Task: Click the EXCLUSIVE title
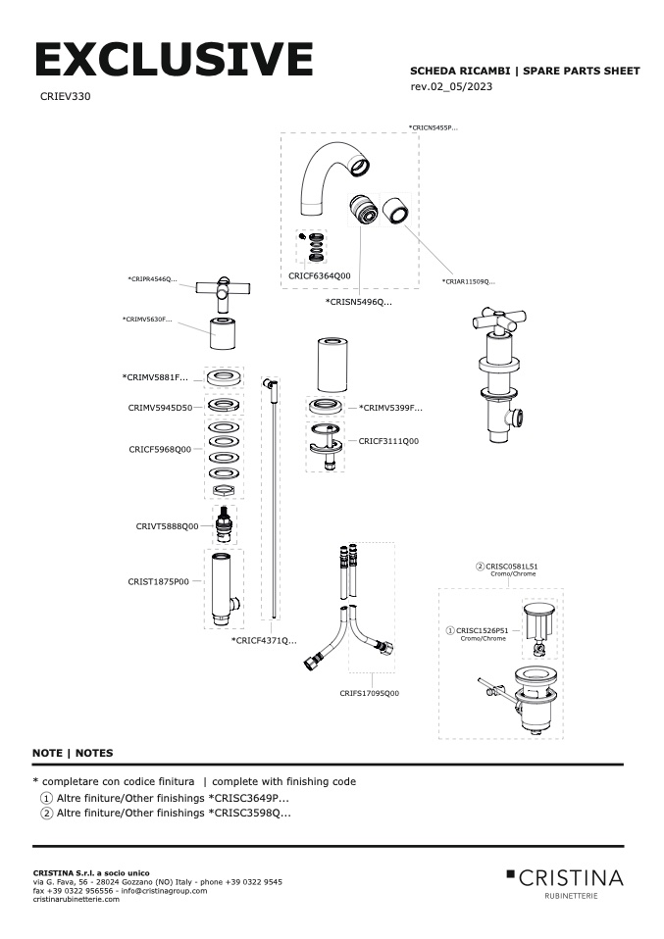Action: point(174,61)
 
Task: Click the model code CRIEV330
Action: point(66,97)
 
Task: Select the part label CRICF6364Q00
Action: point(319,276)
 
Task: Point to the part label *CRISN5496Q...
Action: point(358,302)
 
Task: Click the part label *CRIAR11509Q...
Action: point(468,282)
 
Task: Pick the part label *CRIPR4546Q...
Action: point(152,279)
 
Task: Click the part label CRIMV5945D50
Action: point(160,407)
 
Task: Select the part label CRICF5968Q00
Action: point(160,449)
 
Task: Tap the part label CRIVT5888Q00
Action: point(167,526)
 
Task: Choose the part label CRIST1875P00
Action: point(160,581)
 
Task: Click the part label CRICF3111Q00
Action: point(388,441)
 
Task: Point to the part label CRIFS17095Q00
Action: point(370,693)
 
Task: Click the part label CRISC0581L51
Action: point(511,567)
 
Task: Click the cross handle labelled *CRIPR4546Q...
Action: point(224,289)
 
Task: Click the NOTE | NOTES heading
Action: point(73,753)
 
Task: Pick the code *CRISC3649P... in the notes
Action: point(249,798)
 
